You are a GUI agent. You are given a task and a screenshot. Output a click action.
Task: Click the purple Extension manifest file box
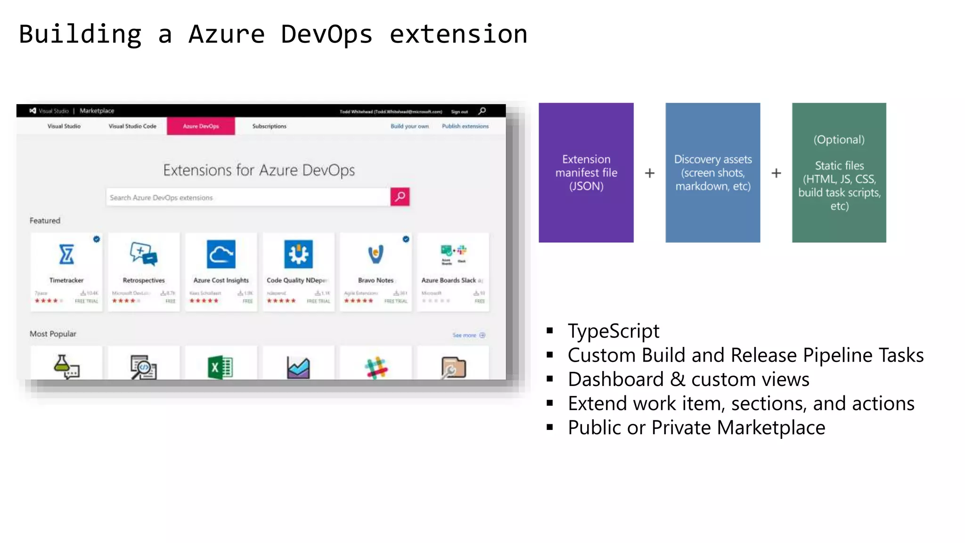(x=586, y=173)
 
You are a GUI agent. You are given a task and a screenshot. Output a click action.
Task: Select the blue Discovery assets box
(x=712, y=173)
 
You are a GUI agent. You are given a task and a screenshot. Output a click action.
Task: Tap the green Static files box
(x=839, y=173)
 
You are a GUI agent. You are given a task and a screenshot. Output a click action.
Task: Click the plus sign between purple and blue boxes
(x=649, y=173)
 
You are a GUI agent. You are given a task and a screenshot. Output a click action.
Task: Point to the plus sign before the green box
(x=776, y=173)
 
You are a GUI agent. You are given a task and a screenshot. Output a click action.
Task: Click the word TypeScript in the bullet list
(x=613, y=331)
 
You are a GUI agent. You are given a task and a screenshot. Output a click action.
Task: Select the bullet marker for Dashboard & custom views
(x=549, y=379)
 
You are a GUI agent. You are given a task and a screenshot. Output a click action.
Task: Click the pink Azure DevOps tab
(x=201, y=126)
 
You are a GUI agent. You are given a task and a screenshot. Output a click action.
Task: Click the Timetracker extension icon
(x=66, y=255)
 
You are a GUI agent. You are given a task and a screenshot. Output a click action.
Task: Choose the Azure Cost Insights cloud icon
(x=221, y=255)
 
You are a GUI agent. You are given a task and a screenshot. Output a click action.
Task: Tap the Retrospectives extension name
(x=144, y=280)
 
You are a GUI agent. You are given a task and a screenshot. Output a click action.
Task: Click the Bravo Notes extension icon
(x=376, y=255)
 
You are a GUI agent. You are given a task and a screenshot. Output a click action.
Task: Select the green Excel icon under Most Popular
(x=220, y=367)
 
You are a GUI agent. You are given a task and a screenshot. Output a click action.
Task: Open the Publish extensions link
(x=465, y=126)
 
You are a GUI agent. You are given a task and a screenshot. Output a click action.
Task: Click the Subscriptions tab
(x=269, y=126)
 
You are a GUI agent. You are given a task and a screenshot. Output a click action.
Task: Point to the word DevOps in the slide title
(x=327, y=34)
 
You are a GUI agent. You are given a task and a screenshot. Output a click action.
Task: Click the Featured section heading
(x=45, y=221)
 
